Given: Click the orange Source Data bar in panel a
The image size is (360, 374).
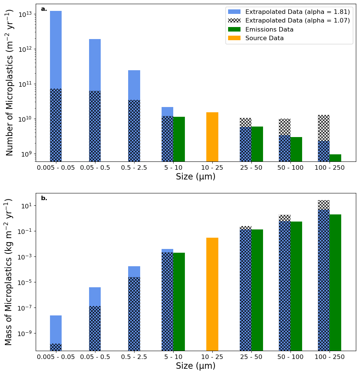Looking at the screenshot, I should (x=212, y=137).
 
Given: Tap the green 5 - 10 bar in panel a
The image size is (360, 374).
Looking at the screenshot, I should (x=179, y=139).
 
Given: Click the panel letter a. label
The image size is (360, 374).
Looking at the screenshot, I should (x=44, y=9).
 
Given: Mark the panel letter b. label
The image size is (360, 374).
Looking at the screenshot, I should (x=44, y=198).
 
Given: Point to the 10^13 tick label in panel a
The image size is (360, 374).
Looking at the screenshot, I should (x=25, y=14).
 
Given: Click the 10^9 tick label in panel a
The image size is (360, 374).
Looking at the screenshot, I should (x=26, y=154).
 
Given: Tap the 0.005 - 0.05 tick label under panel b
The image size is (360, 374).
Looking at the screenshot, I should (x=56, y=357).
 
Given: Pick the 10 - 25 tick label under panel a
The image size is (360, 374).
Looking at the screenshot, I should (x=212, y=167).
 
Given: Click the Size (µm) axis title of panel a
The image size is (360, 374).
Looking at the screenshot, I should (x=196, y=176).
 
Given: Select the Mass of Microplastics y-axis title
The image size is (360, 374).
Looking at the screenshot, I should (x=9, y=272).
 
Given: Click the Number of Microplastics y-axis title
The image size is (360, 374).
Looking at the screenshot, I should (x=10, y=83).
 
